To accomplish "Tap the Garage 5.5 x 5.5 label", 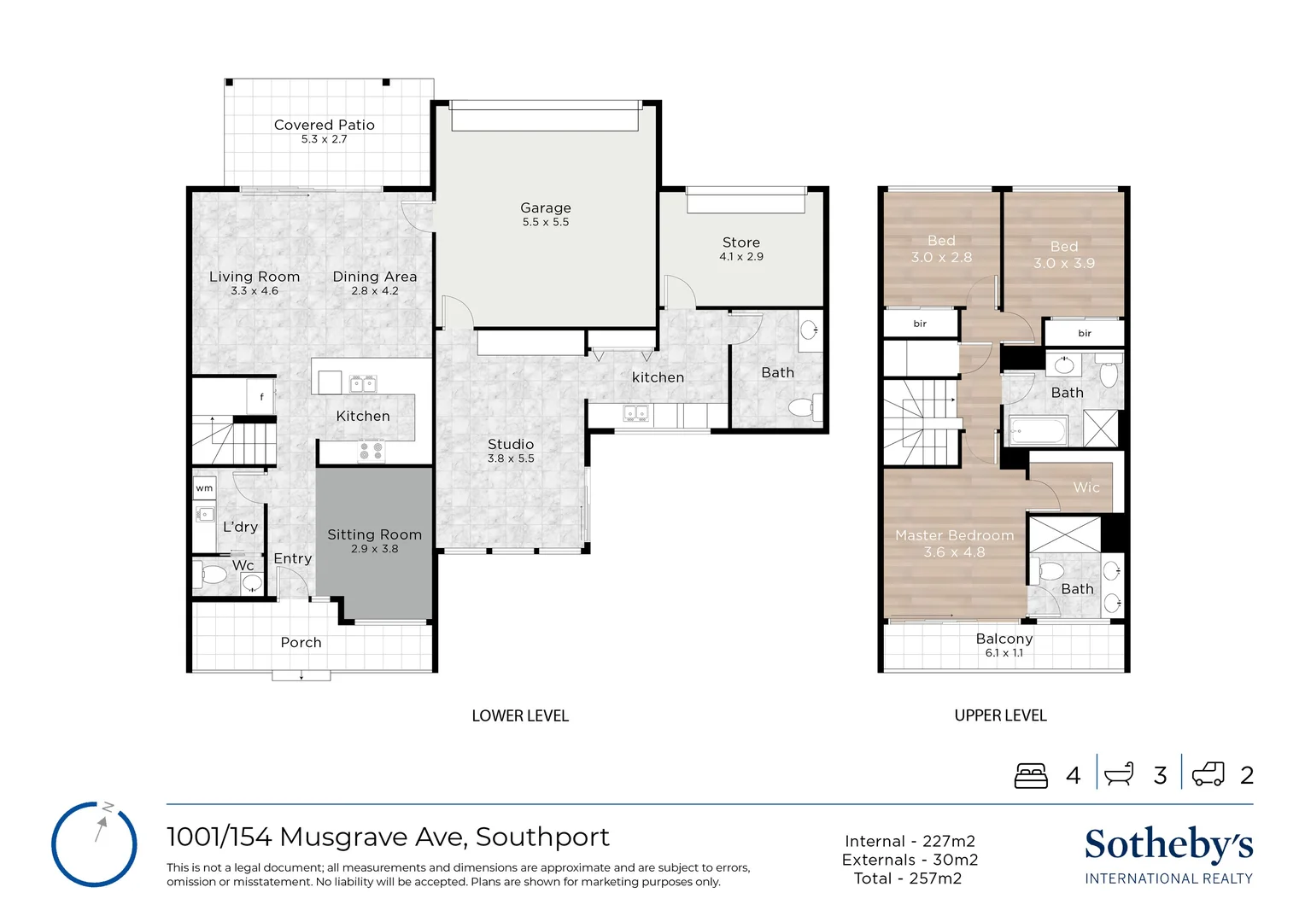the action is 545,213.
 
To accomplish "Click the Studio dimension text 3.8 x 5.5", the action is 511,458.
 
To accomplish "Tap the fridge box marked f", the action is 261,397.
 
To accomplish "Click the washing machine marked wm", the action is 204,488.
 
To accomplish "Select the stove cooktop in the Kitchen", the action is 372,450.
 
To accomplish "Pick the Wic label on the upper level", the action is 1086,487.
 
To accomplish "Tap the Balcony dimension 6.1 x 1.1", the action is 1004,653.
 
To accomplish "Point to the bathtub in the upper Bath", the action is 1039,431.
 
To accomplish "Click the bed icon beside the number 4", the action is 1031,775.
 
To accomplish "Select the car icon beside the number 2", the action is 1208,774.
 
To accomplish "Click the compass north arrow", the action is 102,829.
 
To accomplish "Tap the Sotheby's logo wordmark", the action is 1168,844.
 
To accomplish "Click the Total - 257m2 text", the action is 908,878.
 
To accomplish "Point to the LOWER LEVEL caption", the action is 519,715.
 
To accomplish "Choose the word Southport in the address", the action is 542,837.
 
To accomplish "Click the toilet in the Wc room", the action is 209,575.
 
